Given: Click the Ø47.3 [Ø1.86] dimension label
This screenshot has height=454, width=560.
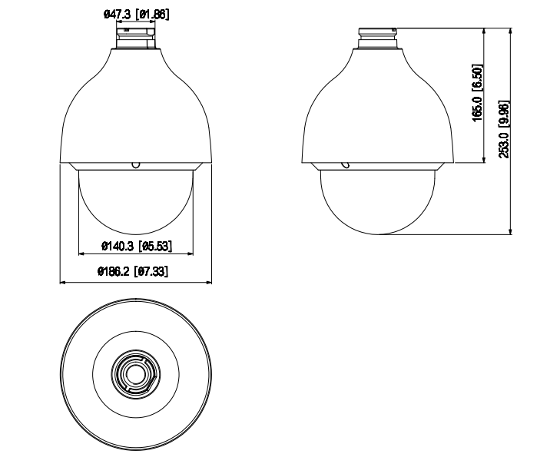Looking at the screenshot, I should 135,15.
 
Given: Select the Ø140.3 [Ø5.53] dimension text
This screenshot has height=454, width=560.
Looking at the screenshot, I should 136,246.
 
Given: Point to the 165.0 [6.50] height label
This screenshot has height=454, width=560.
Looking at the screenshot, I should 477,92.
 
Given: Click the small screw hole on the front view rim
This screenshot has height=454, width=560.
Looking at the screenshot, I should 135,164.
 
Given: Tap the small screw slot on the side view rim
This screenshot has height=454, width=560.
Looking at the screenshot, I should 346,164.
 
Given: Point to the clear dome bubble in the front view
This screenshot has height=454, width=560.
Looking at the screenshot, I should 135,200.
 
